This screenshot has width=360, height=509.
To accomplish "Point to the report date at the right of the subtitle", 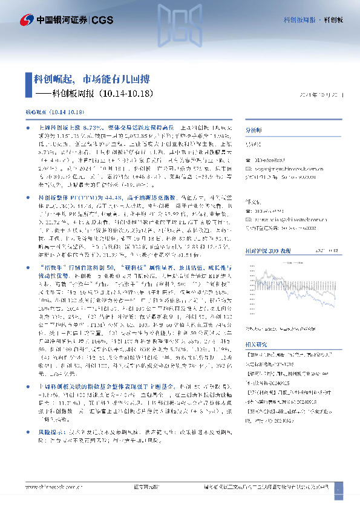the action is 321,95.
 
